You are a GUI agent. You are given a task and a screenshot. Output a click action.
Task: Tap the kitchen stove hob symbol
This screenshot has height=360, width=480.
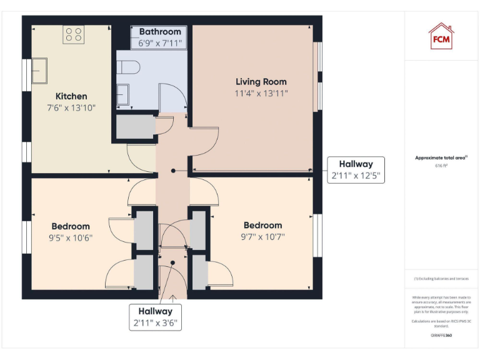[73, 34]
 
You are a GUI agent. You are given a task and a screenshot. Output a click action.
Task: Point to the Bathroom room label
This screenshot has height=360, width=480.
[160, 31]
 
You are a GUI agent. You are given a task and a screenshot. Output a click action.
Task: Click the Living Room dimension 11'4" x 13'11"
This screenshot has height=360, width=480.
[261, 94]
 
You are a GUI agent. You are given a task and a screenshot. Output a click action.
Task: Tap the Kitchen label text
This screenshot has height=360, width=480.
[71, 96]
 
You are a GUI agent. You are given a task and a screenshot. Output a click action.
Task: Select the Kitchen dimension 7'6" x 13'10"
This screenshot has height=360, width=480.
[71, 107]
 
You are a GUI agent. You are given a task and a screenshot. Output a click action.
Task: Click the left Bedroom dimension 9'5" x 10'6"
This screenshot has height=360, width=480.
[71, 237]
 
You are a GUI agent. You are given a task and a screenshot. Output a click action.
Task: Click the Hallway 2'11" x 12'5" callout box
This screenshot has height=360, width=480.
[356, 169]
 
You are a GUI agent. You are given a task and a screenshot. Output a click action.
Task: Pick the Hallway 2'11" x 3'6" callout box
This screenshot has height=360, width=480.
[155, 317]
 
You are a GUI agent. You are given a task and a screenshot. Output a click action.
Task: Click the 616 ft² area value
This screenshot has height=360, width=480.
[441, 166]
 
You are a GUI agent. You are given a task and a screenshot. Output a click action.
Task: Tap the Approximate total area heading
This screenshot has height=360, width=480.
[441, 158]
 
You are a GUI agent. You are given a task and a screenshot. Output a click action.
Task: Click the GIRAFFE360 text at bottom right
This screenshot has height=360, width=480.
[441, 336]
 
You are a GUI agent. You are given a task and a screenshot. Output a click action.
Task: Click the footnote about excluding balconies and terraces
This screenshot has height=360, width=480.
[441, 279]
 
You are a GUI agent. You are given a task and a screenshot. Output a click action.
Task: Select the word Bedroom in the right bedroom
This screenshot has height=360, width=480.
[262, 225]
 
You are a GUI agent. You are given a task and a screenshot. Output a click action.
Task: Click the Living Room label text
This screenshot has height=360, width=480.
[261, 82]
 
